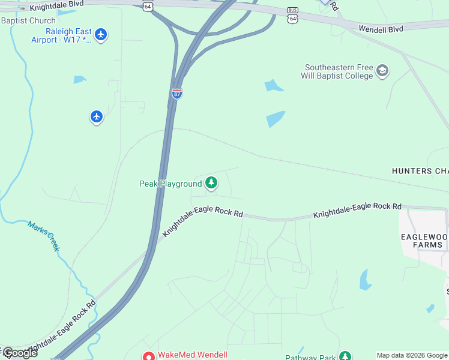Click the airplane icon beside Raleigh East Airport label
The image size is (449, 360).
(101, 34)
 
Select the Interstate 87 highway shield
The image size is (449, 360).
(177, 94)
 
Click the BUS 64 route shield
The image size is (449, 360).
(292, 16)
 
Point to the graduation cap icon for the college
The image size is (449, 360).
(382, 72)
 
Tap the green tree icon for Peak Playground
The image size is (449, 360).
(211, 183)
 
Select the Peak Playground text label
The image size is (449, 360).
(170, 184)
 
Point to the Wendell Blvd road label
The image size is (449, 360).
(381, 28)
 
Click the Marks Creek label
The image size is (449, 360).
(43, 236)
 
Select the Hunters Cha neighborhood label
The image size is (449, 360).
(420, 171)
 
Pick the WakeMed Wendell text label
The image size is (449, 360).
(192, 355)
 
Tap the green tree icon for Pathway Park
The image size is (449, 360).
(345, 356)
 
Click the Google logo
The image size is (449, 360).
(19, 353)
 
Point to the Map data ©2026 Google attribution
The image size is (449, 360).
(412, 355)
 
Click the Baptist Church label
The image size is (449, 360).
(28, 20)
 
